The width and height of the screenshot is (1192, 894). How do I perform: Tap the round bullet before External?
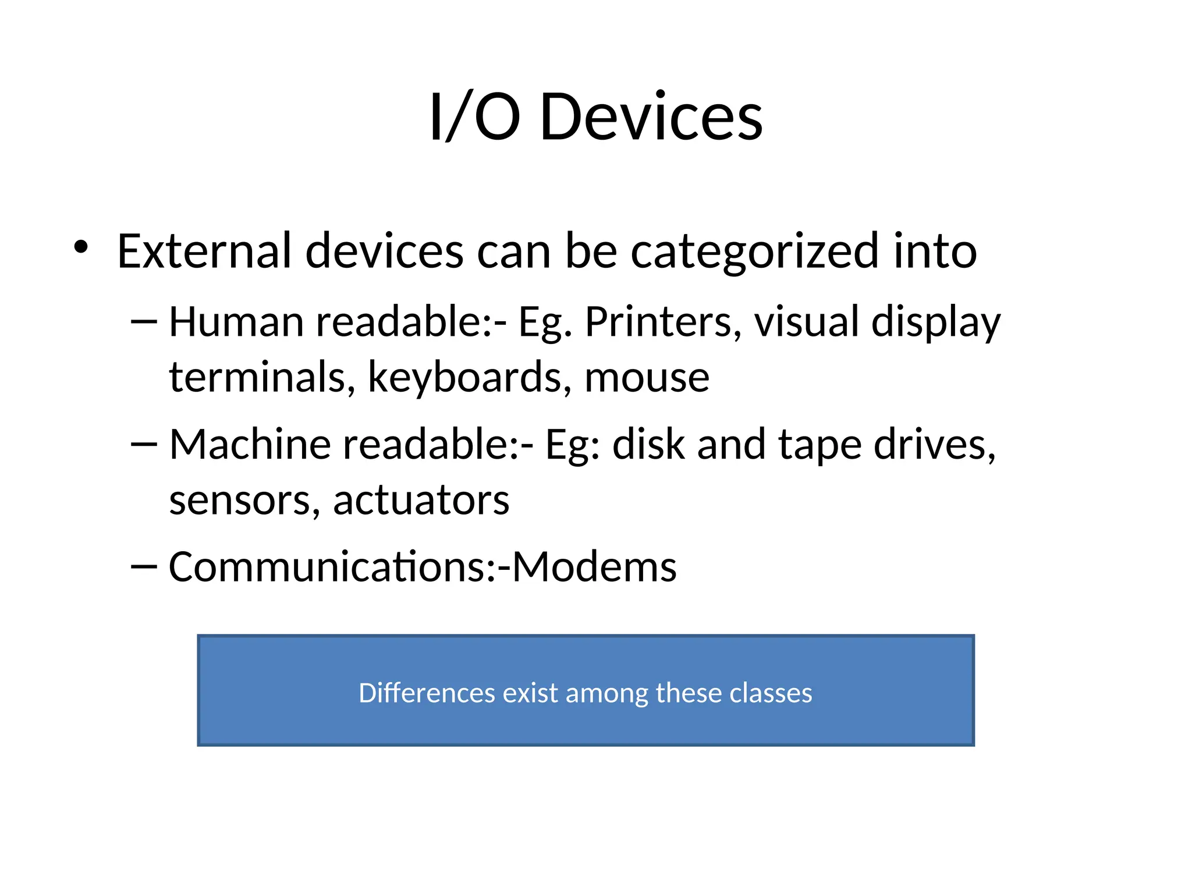tap(81, 247)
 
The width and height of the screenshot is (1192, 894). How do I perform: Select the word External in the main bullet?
tap(204, 251)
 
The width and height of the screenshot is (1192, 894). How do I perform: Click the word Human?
tap(236, 322)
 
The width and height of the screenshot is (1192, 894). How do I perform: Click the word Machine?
tap(250, 445)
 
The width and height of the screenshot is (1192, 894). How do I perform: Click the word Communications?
tap(326, 567)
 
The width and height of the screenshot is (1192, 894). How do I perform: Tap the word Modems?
tap(594, 567)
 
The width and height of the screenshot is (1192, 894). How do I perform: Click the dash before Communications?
tap(144, 566)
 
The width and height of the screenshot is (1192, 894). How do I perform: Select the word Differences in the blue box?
tap(427, 693)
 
